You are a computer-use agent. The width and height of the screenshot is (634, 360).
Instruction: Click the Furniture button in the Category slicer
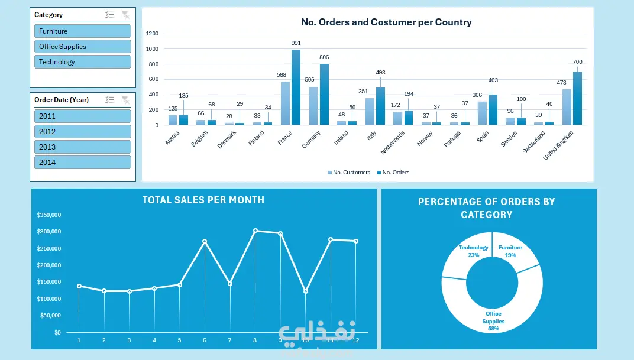tap(82, 31)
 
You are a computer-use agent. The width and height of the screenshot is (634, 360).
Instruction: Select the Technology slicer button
tap(82, 62)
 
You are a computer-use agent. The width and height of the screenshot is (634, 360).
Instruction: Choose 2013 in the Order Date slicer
tap(82, 147)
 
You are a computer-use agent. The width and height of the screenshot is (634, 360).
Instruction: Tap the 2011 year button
tap(82, 116)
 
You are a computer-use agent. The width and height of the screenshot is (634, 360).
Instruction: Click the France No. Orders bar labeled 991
tap(296, 87)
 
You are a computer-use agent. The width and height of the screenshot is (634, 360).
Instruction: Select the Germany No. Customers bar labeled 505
tap(313, 106)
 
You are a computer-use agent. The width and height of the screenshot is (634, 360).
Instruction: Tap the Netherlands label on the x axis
tap(393, 142)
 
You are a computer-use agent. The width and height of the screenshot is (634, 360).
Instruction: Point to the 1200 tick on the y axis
tap(152, 34)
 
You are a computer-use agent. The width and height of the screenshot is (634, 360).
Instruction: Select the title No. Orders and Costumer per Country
tap(386, 22)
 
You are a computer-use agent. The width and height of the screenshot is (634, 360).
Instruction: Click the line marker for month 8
tap(255, 231)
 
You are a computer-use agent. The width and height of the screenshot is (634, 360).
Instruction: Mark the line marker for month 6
tap(205, 241)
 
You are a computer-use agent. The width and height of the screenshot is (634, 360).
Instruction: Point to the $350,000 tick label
tap(48, 215)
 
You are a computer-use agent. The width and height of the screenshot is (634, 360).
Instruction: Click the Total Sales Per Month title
tap(203, 200)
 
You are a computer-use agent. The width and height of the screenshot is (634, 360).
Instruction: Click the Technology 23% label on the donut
tap(473, 251)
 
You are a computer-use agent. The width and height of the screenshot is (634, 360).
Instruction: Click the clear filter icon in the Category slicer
tap(125, 15)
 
